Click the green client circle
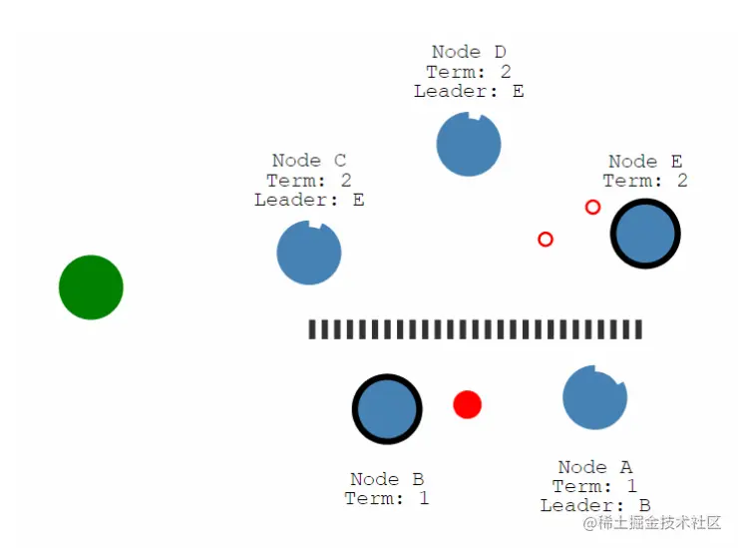91,287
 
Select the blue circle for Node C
309,253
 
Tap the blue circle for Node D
469,145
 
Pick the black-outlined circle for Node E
645,235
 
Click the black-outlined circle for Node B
387,409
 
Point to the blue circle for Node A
594,397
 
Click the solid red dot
467,404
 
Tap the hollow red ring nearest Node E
592,207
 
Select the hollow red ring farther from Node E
546,240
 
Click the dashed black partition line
475,329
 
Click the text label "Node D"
469,52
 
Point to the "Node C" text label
309,161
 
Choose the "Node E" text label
645,162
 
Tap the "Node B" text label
388,479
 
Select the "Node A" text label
595,467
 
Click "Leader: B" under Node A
595,505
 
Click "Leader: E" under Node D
469,91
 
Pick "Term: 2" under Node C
309,181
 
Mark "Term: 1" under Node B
387,498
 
